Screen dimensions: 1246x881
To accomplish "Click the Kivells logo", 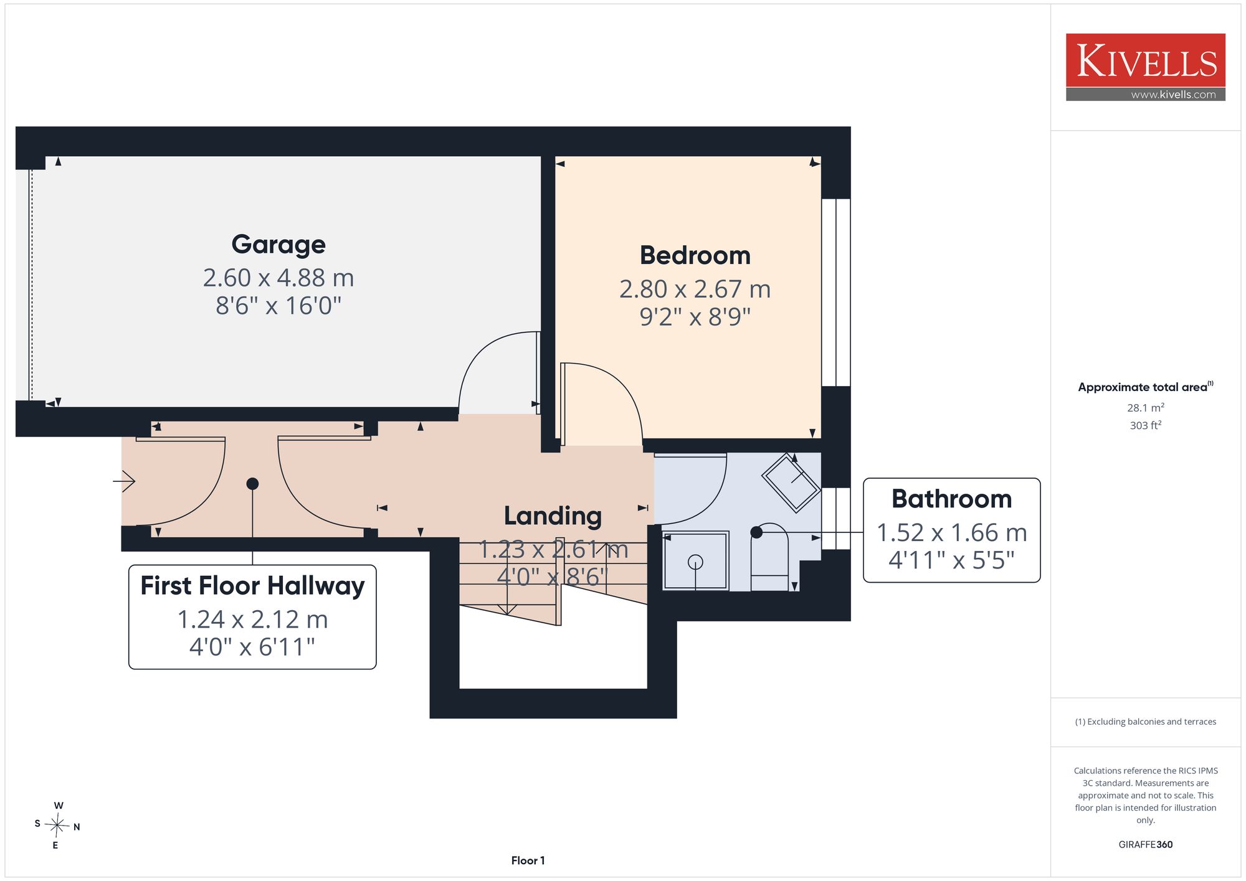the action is tap(1145, 67).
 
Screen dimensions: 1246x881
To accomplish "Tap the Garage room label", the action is tap(278, 245).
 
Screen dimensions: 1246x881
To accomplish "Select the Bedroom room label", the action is tap(695, 255).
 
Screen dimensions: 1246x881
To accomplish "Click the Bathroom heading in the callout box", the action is tap(951, 499).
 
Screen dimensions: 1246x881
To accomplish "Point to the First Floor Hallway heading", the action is tap(252, 586).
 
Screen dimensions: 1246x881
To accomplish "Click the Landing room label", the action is tap(553, 516).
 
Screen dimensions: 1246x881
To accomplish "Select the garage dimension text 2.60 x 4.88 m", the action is tap(278, 278).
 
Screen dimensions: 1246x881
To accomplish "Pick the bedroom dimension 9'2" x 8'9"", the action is tap(695, 317).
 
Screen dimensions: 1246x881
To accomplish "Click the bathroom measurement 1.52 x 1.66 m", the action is tap(951, 532).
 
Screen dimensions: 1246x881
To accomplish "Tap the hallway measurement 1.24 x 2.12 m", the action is tap(252, 620).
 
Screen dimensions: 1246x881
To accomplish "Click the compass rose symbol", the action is tap(57, 826).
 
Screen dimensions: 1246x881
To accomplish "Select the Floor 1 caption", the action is tap(528, 860).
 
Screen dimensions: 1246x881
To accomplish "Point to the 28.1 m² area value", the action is tap(1145, 408).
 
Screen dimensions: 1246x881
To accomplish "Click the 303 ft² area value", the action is tap(1145, 425).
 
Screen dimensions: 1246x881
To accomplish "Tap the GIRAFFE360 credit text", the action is tap(1145, 844).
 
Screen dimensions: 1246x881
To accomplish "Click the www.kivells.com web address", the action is tap(1173, 95).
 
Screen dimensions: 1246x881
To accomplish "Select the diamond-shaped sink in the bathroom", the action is tap(791, 483).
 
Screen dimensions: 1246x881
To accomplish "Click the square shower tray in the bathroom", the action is tap(695, 560).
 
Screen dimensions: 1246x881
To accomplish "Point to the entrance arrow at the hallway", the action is tap(124, 481).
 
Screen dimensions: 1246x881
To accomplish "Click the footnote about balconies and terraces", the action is tap(1145, 722).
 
